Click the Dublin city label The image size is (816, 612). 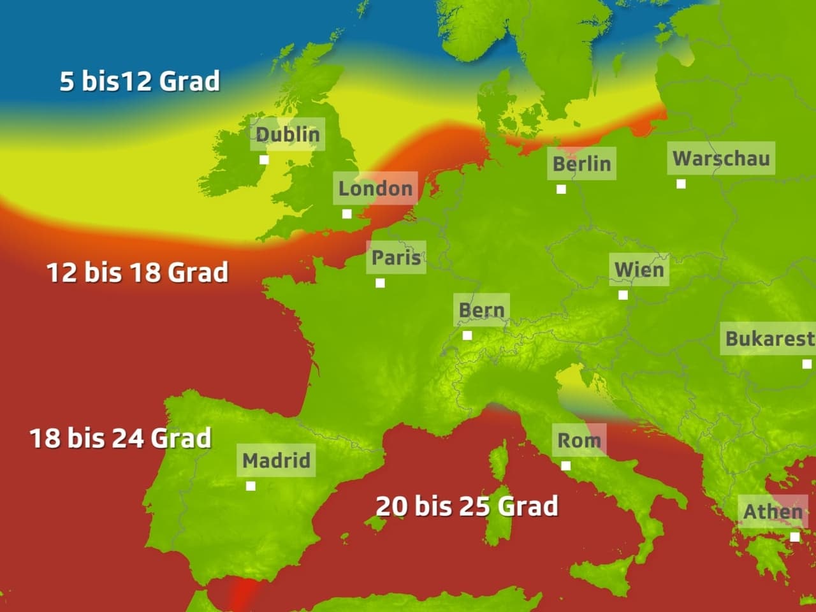pyautogui.click(x=288, y=135)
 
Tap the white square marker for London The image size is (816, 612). pyautogui.click(x=347, y=214)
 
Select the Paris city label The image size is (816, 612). pyautogui.click(x=396, y=258)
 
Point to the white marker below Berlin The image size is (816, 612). pyautogui.click(x=561, y=189)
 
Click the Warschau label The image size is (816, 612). pyautogui.click(x=722, y=158)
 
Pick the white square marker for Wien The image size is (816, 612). pyautogui.click(x=623, y=295)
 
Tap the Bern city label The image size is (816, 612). pyautogui.click(x=481, y=310)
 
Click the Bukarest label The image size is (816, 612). pyautogui.click(x=769, y=339)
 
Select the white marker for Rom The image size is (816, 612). pyautogui.click(x=565, y=466)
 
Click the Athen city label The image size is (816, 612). pyautogui.click(x=773, y=511)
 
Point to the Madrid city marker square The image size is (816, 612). pyautogui.click(x=251, y=486)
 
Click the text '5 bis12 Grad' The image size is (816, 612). pyautogui.click(x=140, y=82)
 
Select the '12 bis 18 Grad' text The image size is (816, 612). pyautogui.click(x=138, y=273)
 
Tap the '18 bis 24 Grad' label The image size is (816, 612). pyautogui.click(x=120, y=439)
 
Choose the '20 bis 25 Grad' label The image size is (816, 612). pyautogui.click(x=467, y=506)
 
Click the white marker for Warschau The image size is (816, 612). pyautogui.click(x=681, y=184)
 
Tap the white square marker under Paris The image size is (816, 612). pyautogui.click(x=380, y=283)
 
